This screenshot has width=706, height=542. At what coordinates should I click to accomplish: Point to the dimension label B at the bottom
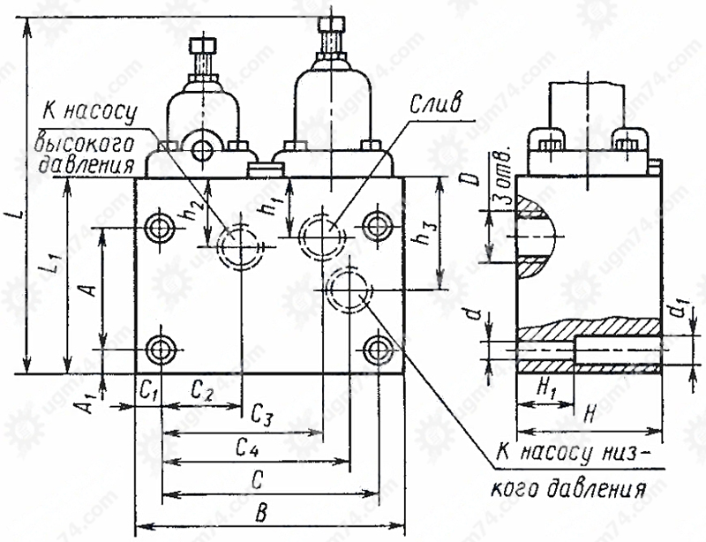[x=261, y=513]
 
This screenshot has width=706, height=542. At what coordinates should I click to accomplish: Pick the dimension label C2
[x=202, y=391]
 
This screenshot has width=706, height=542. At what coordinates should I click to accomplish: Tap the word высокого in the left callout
[x=85, y=145]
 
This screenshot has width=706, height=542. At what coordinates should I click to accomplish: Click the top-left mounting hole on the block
[x=159, y=228]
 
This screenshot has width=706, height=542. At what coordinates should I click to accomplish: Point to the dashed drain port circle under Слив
[x=323, y=237]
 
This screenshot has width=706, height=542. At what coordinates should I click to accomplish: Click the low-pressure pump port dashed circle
[x=349, y=290]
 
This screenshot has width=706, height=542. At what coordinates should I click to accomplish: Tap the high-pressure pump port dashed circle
[x=240, y=246]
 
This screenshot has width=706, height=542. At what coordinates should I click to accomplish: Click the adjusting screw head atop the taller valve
[x=332, y=25]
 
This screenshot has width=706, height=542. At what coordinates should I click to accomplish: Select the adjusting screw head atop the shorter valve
[x=204, y=46]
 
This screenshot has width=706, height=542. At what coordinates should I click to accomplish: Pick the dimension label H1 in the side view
[x=545, y=388]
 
